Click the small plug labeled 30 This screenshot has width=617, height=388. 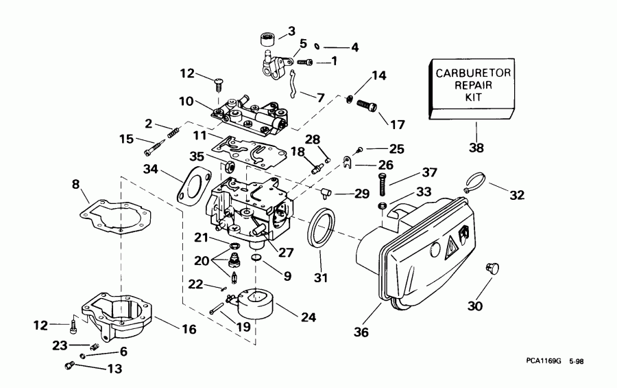pos(490,268)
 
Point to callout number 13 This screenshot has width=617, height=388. pos(114,369)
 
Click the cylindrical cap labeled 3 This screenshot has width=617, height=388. pos(269,36)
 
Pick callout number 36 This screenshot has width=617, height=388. pos(361,332)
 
